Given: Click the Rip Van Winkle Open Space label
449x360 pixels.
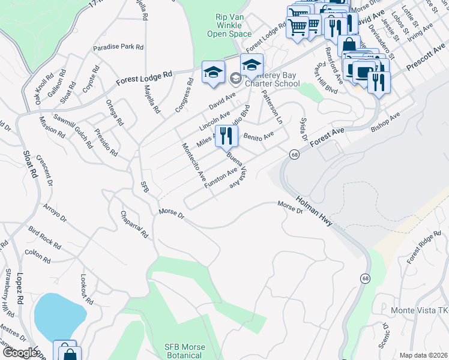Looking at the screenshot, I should point(229,26).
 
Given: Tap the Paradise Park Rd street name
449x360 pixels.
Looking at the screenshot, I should point(118,47).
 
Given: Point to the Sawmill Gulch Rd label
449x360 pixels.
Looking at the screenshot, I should point(73,130).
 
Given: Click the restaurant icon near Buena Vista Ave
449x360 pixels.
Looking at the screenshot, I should point(226,136).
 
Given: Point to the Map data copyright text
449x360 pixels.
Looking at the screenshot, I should point(423,355).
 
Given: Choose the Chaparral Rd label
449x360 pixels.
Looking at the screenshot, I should point(134,224).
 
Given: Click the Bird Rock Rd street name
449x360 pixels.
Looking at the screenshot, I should point(44,238).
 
